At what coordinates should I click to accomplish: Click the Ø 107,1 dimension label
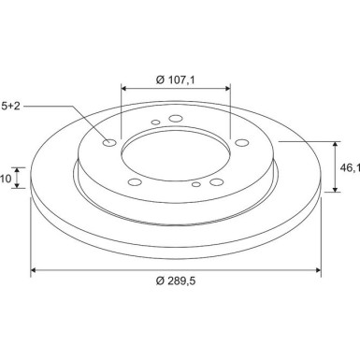tap(176, 80)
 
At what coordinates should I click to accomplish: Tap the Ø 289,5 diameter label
tap(176, 281)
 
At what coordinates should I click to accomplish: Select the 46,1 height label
tap(350, 168)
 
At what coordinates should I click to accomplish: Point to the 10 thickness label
tap(6, 179)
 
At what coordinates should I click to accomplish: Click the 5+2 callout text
tap(10, 106)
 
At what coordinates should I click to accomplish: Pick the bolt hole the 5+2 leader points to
tap(109, 143)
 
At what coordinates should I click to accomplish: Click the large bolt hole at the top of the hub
tap(175, 119)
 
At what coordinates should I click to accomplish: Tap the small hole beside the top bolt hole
tap(155, 122)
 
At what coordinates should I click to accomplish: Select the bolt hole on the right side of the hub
tap(242, 143)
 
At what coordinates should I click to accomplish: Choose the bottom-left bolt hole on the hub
tap(135, 182)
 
